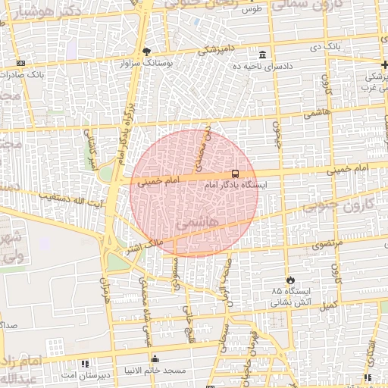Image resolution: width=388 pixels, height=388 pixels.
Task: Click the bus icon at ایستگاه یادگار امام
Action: [234, 174]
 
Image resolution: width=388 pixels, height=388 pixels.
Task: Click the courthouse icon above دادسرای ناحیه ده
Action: [262, 55]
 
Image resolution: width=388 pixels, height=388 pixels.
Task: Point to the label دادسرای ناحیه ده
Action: [264, 66]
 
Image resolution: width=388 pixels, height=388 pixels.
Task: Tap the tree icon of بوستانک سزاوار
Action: [146, 52]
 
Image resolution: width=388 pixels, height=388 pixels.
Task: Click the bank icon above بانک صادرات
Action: [20, 63]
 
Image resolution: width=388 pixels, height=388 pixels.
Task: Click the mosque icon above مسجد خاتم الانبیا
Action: [155, 358]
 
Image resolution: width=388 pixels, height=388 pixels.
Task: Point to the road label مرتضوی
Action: [327, 244]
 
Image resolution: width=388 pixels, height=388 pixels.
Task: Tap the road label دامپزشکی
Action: [217, 51]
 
